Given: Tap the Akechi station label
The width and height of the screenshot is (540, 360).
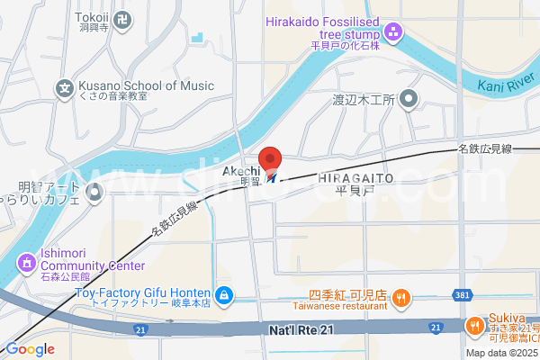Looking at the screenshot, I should tap(241, 171).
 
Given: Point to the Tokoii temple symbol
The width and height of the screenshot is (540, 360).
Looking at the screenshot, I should tap(124, 17).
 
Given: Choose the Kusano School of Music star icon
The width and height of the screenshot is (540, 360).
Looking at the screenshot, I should tap(64, 87).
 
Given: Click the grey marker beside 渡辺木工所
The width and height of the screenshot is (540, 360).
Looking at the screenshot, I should tap(410, 99).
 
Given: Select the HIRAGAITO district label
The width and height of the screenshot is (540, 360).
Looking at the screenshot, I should tap(355, 178).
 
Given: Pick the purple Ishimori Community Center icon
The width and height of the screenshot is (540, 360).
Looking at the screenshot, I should tap(25, 261).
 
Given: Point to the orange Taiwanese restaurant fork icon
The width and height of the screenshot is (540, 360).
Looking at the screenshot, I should tap(401, 296).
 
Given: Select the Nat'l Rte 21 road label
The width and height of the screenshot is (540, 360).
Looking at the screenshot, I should tap(301, 331).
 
